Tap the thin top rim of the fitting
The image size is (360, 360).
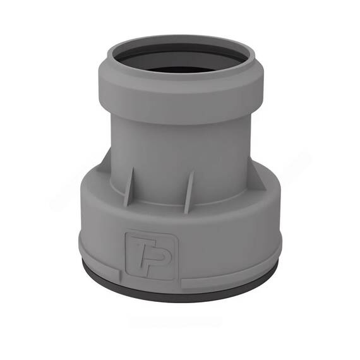coord(181,39)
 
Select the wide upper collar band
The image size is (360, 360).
coord(181,97)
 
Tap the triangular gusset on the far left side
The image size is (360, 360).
coord(104,163)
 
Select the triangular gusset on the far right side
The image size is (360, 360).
coord(256,176)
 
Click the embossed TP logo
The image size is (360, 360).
coord(152,256)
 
